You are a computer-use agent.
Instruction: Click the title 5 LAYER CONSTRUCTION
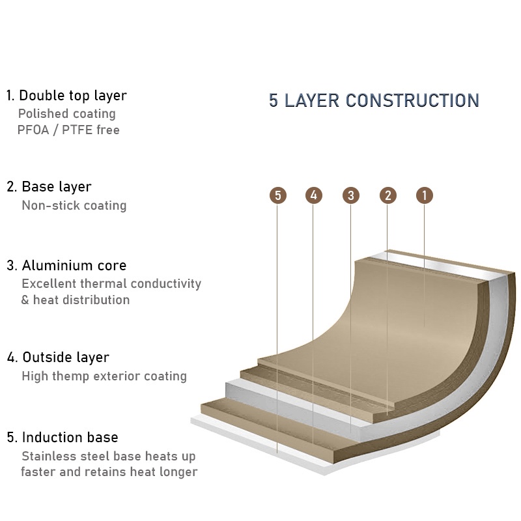pyautogui.click(x=374, y=101)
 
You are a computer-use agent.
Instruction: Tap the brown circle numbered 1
pyautogui.click(x=424, y=195)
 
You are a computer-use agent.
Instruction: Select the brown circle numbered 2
pyautogui.click(x=387, y=195)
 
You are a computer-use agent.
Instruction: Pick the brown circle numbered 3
pyautogui.click(x=350, y=195)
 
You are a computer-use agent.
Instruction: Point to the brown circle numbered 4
pyautogui.click(x=313, y=195)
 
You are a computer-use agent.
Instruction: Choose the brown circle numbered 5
pyautogui.click(x=277, y=195)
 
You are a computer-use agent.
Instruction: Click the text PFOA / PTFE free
pyautogui.click(x=68, y=130)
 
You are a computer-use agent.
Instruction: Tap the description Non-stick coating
pyautogui.click(x=74, y=206)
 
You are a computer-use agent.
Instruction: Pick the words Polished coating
pyautogui.click(x=66, y=114)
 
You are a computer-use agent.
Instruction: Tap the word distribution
pyautogui.click(x=95, y=300)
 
